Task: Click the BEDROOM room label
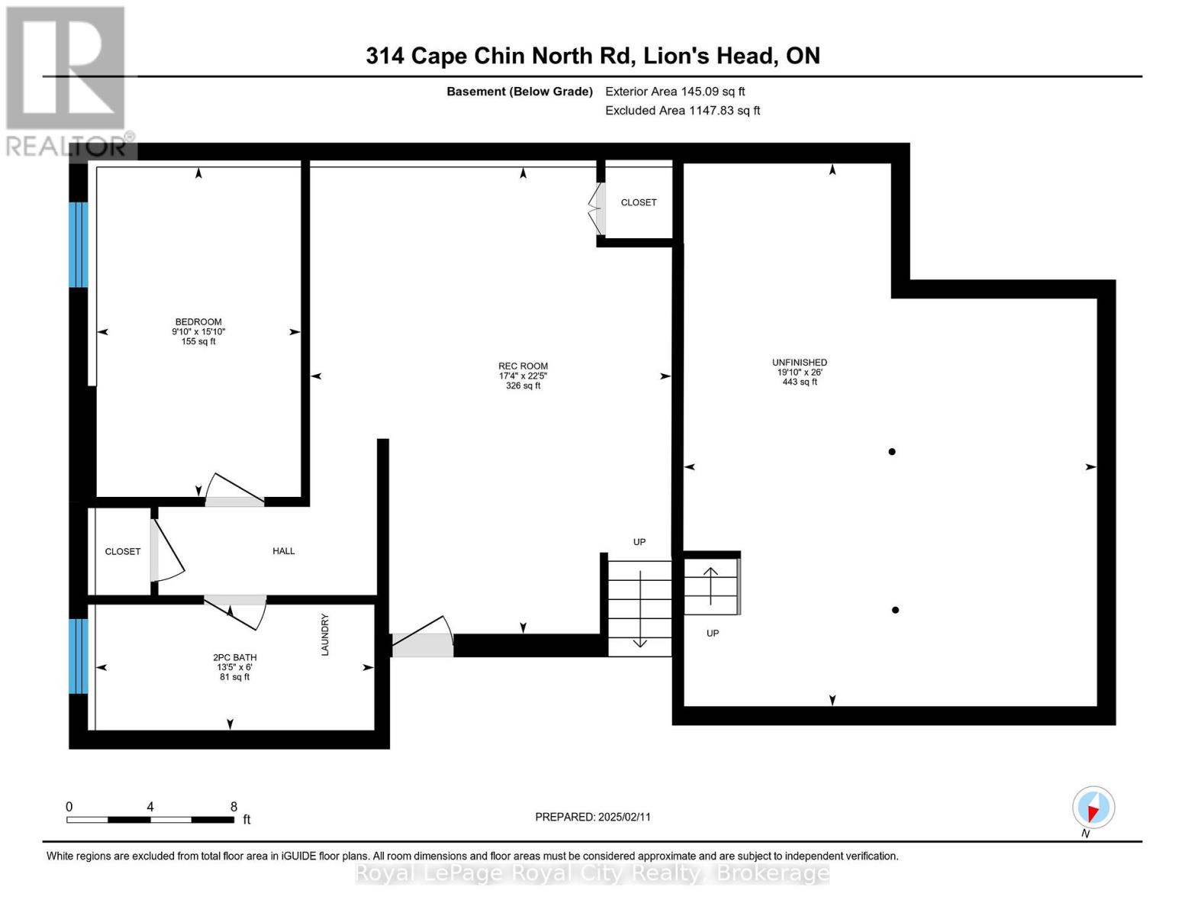pyautogui.click(x=198, y=322)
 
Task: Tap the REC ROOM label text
pyautogui.click(x=523, y=366)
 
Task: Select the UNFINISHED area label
pyautogui.click(x=799, y=363)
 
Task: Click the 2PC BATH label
pyautogui.click(x=234, y=657)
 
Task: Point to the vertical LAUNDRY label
pyautogui.click(x=324, y=634)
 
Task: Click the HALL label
pyautogui.click(x=283, y=551)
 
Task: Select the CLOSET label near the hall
pyautogui.click(x=123, y=551)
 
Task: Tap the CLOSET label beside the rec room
pyautogui.click(x=638, y=202)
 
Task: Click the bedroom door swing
pyautogui.click(x=234, y=490)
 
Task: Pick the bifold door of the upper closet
pyautogui.click(x=595, y=208)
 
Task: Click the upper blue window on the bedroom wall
pyautogui.click(x=78, y=244)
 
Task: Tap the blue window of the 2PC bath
pyautogui.click(x=78, y=656)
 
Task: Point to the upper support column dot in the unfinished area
pyautogui.click(x=891, y=452)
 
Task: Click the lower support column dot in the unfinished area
pyautogui.click(x=895, y=610)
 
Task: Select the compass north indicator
pyautogui.click(x=1093, y=808)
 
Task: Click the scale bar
pyautogui.click(x=150, y=819)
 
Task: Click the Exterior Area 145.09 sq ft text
pyautogui.click(x=675, y=92)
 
